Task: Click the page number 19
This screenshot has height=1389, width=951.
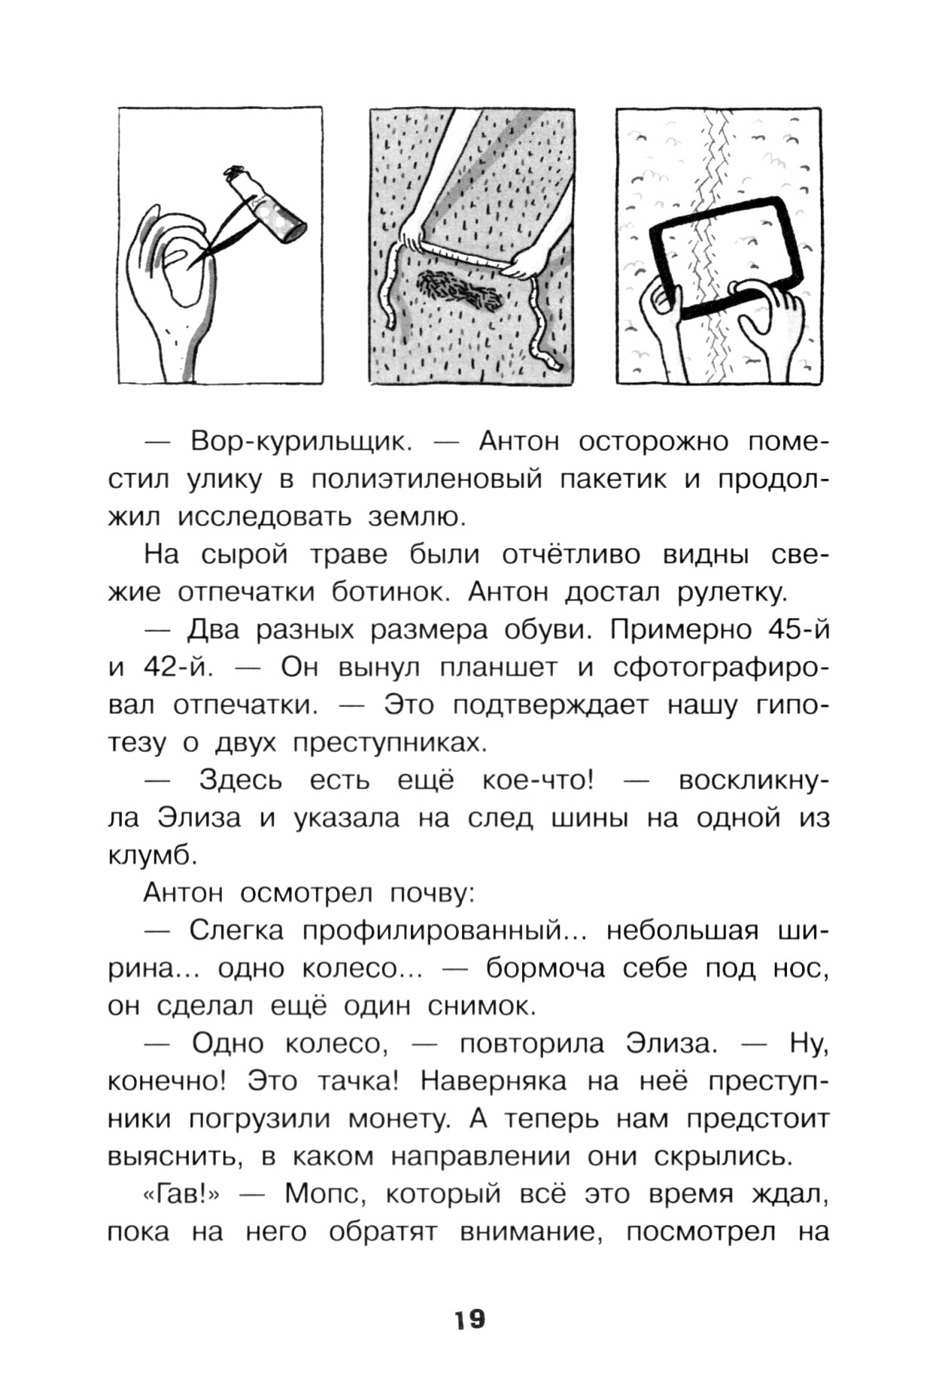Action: (469, 1318)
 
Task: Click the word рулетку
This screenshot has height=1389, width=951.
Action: (732, 592)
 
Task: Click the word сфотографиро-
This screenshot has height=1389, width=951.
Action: (722, 668)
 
